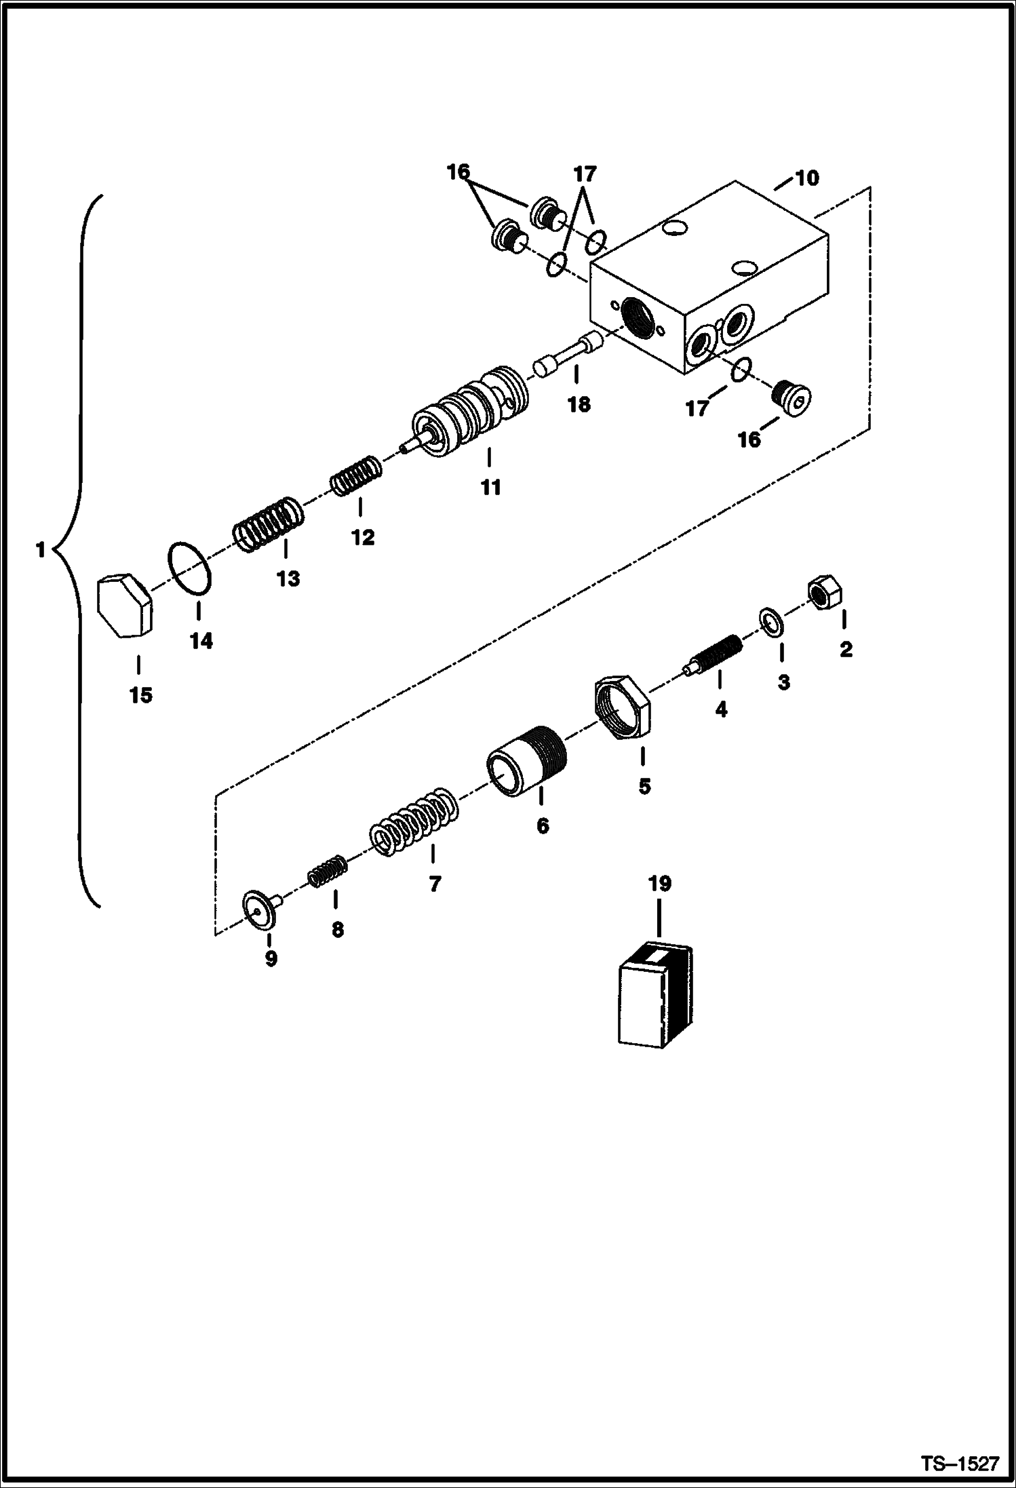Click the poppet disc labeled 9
click(262, 910)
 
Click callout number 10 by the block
click(806, 178)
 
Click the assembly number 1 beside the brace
click(41, 550)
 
